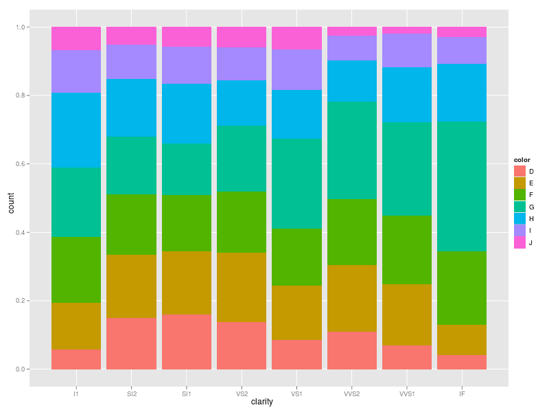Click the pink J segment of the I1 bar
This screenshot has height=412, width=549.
click(x=76, y=38)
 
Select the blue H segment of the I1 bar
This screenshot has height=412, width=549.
click(x=76, y=130)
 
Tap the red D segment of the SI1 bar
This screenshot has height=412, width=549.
click(x=187, y=342)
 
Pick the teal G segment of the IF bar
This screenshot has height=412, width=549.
click(x=462, y=186)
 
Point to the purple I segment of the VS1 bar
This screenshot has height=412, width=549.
click(x=296, y=69)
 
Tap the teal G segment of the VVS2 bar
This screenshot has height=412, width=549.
click(x=352, y=150)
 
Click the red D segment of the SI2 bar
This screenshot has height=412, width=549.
click(x=132, y=343)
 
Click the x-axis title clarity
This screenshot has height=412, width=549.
click(x=262, y=402)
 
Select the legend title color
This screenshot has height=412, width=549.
click(x=522, y=160)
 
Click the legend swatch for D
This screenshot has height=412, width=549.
click(x=520, y=171)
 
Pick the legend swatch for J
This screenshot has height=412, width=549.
click(x=520, y=242)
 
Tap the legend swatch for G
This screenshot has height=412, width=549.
click(x=520, y=207)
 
